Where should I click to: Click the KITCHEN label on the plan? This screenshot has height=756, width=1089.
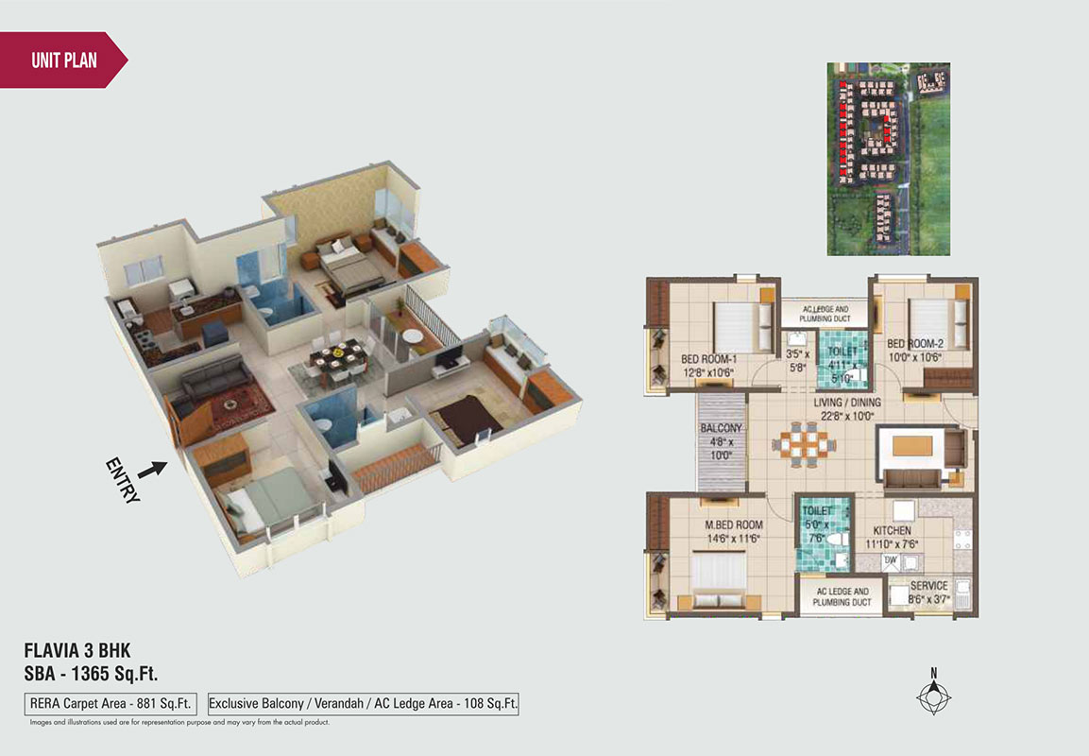tap(892, 530)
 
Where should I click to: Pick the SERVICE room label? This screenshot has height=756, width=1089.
tap(929, 586)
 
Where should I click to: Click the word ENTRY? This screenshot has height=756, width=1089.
tap(123, 481)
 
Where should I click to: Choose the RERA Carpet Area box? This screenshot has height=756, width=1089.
tap(111, 703)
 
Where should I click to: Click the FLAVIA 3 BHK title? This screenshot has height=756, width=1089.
tap(77, 650)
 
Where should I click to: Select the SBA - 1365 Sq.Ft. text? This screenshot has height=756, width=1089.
tap(91, 674)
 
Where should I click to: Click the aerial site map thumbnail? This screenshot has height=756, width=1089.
tap(888, 159)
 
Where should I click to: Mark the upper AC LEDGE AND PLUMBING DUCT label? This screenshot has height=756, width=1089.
tap(825, 314)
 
